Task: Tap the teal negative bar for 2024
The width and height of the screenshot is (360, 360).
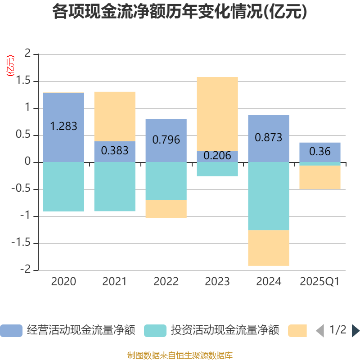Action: pos(269,196)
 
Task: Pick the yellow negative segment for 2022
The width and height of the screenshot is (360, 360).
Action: pos(166,209)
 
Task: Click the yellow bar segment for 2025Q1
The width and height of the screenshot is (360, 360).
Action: pos(320,177)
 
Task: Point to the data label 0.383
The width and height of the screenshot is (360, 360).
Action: pos(115,151)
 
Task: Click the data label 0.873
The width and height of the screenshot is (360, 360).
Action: pos(269,138)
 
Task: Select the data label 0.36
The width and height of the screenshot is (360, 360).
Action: pos(320,152)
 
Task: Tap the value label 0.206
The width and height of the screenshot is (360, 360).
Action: pos(217,156)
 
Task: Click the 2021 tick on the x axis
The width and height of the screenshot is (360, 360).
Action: pos(115,282)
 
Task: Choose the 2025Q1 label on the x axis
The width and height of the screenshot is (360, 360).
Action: pos(320,282)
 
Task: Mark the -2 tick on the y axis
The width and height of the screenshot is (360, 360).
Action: pos(27,270)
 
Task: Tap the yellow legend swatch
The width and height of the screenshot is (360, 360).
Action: pos(297,331)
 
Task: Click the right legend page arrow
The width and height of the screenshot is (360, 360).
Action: pos(355,331)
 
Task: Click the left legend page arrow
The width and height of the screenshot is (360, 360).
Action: pos(319,331)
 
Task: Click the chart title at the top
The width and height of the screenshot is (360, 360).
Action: pos(180,12)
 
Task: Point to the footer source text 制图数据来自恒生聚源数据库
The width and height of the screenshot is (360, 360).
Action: pos(180,355)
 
